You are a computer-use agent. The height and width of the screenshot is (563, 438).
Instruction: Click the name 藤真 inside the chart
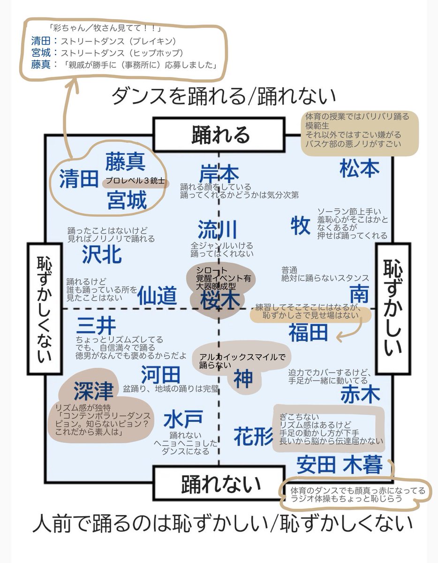tap(125, 161)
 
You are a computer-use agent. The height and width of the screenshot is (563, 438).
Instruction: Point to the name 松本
tap(359, 168)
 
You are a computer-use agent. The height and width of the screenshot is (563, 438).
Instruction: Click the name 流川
tap(217, 229)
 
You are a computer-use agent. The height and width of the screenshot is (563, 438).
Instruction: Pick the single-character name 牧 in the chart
tap(300, 225)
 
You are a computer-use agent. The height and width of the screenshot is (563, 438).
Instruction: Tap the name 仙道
tap(157, 296)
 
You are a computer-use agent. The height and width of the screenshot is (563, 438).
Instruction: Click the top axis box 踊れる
tap(219, 135)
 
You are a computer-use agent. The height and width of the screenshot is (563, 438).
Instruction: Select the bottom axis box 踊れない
tap(219, 483)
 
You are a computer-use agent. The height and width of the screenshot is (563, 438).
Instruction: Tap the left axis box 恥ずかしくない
tap(45, 308)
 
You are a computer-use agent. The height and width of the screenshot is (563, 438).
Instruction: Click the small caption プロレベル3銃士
tap(135, 180)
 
